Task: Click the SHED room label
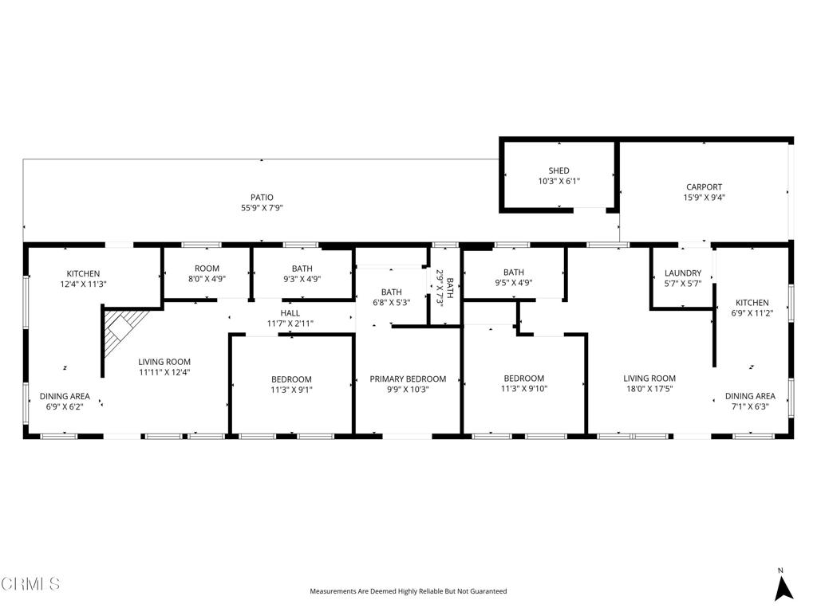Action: (558, 171)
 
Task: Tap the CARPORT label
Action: (704, 187)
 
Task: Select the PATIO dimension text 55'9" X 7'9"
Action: (262, 208)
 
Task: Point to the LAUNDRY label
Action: (682, 273)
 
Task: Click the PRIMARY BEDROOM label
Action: (408, 379)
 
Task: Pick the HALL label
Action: (290, 313)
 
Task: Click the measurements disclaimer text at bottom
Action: (408, 591)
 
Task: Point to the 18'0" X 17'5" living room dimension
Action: (649, 389)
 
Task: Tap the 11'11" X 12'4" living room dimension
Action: (164, 371)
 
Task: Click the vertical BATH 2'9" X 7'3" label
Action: (445, 283)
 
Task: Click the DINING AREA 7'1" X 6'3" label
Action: (750, 402)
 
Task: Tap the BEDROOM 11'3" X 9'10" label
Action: (523, 383)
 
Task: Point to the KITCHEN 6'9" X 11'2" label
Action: (752, 308)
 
